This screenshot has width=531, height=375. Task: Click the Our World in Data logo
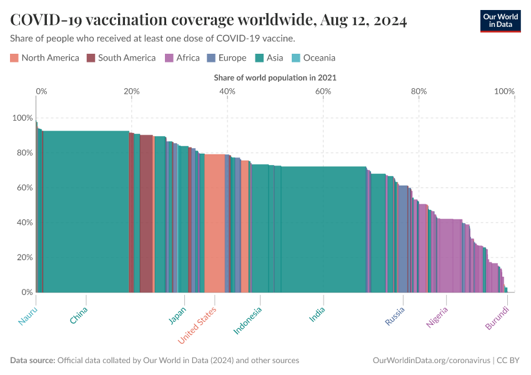(x=500, y=21)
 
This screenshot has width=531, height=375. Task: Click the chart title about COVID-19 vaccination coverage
(x=209, y=21)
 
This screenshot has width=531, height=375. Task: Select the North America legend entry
(x=44, y=58)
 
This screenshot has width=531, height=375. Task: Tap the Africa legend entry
(x=182, y=58)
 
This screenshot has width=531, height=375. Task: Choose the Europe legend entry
(x=226, y=58)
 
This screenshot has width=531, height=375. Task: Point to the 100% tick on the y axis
(x=22, y=118)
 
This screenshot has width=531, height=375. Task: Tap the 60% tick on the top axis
(x=323, y=91)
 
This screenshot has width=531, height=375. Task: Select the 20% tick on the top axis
(x=131, y=91)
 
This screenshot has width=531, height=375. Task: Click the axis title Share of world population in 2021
(x=275, y=78)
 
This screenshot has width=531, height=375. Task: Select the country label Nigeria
(x=437, y=317)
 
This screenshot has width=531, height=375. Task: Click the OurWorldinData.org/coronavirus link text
(x=430, y=361)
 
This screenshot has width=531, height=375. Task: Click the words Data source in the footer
(x=32, y=361)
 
